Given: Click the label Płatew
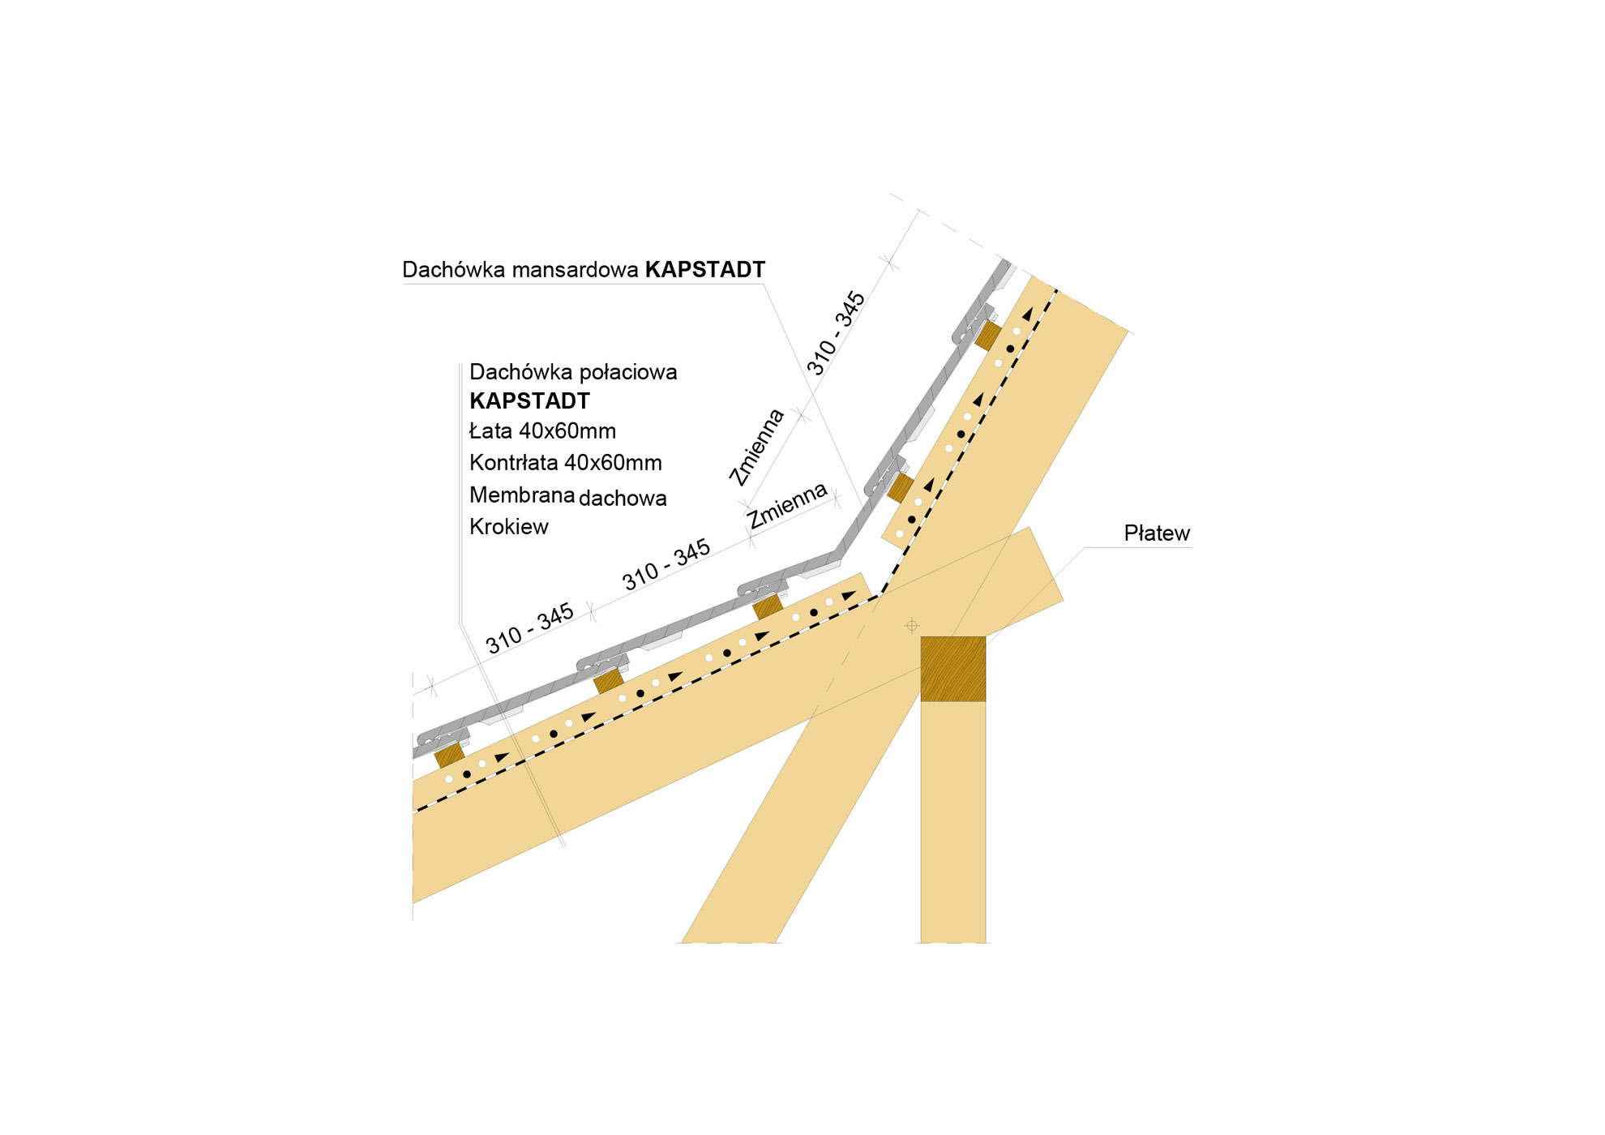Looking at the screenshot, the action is click(x=1157, y=533).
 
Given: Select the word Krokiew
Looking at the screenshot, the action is click(x=509, y=527).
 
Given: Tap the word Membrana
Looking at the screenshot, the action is click(x=522, y=495).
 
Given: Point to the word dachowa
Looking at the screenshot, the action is click(x=623, y=498).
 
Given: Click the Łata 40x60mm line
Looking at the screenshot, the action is click(x=542, y=430).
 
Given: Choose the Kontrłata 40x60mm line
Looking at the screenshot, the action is click(x=566, y=463).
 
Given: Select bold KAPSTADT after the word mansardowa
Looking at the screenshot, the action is click(x=705, y=270).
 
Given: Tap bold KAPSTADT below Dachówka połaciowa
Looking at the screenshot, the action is click(x=530, y=400).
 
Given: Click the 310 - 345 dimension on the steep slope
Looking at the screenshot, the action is click(x=836, y=333).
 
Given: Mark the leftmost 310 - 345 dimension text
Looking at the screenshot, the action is click(x=529, y=628).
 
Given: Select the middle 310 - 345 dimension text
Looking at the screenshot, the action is click(x=666, y=565).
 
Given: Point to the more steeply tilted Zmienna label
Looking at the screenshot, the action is click(x=756, y=448).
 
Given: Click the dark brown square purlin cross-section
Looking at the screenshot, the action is click(x=953, y=669).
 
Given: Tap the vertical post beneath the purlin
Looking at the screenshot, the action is click(x=953, y=822).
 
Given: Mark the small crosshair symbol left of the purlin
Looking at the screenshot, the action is click(x=912, y=625).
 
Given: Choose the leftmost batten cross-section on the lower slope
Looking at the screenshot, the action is click(x=449, y=756).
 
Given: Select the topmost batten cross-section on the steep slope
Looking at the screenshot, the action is click(x=987, y=336).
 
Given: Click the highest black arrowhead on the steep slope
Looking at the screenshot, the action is click(x=1028, y=314).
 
